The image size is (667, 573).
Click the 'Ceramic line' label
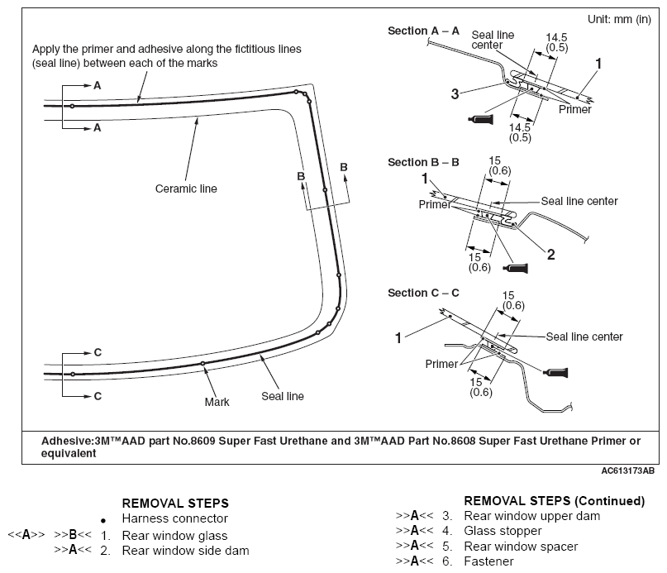coord(186,189)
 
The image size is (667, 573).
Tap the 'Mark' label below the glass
coord(217,402)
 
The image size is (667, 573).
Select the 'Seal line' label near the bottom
coord(283,396)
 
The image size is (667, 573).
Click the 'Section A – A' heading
coord(423,31)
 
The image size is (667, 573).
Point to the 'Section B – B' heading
coord(423,162)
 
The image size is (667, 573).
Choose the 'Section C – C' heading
coord(423,293)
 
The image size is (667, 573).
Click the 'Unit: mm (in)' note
coord(619,19)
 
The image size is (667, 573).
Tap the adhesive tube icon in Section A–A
coord(481,119)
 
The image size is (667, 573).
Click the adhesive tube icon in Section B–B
coord(516,268)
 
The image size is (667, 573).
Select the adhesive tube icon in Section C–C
coord(555,373)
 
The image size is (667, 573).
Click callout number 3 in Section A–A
coord(455,93)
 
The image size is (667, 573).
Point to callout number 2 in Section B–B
coord(550,255)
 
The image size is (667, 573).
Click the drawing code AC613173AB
coord(628,470)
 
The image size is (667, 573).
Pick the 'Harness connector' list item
coord(175,518)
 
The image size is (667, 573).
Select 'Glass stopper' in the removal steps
coord(503,531)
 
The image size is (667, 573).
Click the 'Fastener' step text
coord(488,561)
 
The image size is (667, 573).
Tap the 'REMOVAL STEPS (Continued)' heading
coord(555,501)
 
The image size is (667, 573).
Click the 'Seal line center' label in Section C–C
coord(584,337)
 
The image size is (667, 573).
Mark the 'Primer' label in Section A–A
coord(574,109)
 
